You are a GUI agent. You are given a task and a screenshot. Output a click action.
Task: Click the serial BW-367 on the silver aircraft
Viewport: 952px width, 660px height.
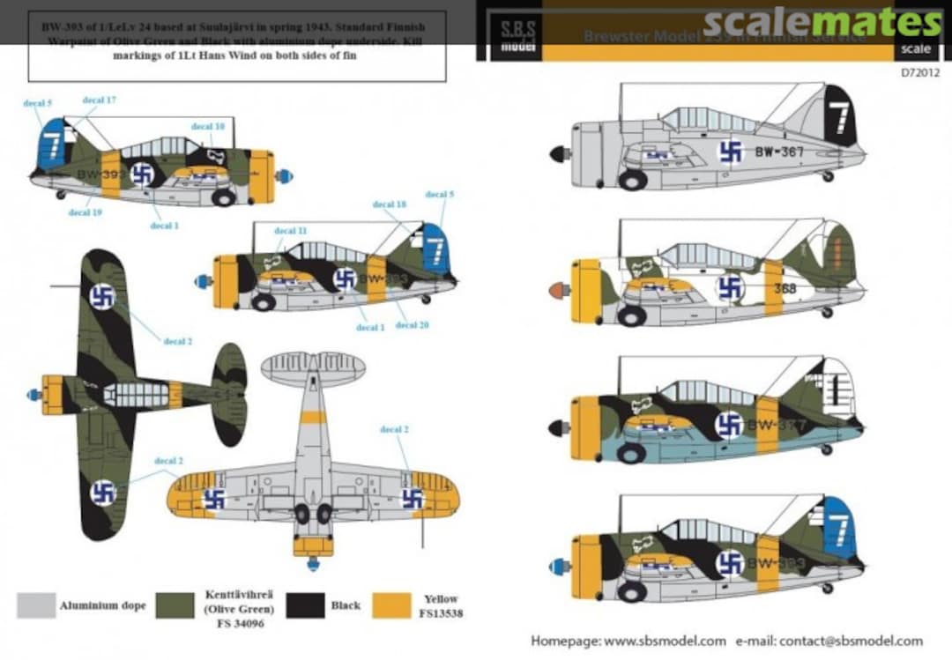click(779, 152)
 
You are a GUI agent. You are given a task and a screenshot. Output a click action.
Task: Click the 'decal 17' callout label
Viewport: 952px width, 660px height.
click(100, 100)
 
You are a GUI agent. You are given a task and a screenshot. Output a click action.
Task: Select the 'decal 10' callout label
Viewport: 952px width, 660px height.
click(208, 127)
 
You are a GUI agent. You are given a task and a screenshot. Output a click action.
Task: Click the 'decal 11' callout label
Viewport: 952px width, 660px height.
click(291, 231)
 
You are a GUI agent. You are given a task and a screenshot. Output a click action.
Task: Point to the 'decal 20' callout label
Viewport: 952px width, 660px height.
click(412, 325)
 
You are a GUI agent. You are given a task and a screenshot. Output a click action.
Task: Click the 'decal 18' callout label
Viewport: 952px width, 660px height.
click(389, 204)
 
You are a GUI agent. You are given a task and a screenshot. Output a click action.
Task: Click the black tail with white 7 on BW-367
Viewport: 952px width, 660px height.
click(840, 115)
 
